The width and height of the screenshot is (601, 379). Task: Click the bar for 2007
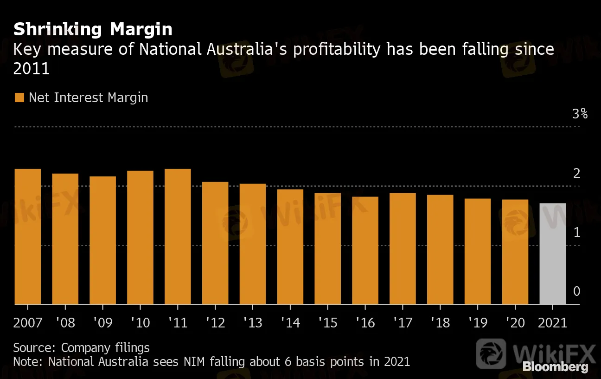point(28,236)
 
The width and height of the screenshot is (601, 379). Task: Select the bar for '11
point(178,236)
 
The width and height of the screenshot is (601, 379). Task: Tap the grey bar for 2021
point(552,254)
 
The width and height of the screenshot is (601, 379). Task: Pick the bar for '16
point(365,250)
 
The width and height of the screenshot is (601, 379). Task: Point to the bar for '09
point(103,240)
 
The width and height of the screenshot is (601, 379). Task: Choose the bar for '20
point(515,252)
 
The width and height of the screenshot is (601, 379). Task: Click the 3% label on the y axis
point(580,114)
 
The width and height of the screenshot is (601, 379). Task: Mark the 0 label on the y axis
point(576,292)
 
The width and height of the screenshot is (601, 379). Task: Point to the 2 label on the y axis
point(576,174)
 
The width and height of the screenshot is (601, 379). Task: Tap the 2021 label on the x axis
point(552,322)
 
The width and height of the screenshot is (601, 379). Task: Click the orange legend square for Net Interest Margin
point(19,98)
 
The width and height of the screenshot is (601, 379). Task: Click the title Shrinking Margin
point(93,29)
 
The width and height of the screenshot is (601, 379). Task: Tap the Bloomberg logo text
point(555,366)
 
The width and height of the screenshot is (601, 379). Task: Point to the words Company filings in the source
point(105,347)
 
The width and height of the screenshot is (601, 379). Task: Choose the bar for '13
point(253,244)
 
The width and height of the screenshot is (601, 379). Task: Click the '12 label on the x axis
point(215,322)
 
